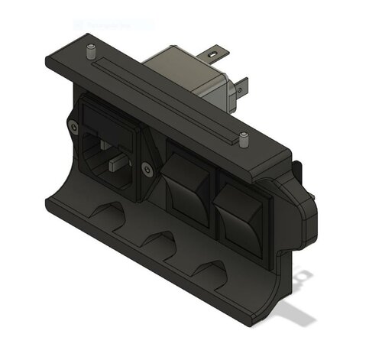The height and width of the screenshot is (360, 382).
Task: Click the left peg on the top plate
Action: coord(91,53)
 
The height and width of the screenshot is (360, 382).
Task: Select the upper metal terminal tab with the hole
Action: coord(214,55)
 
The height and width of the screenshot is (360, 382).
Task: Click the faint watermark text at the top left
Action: coord(115,24)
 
